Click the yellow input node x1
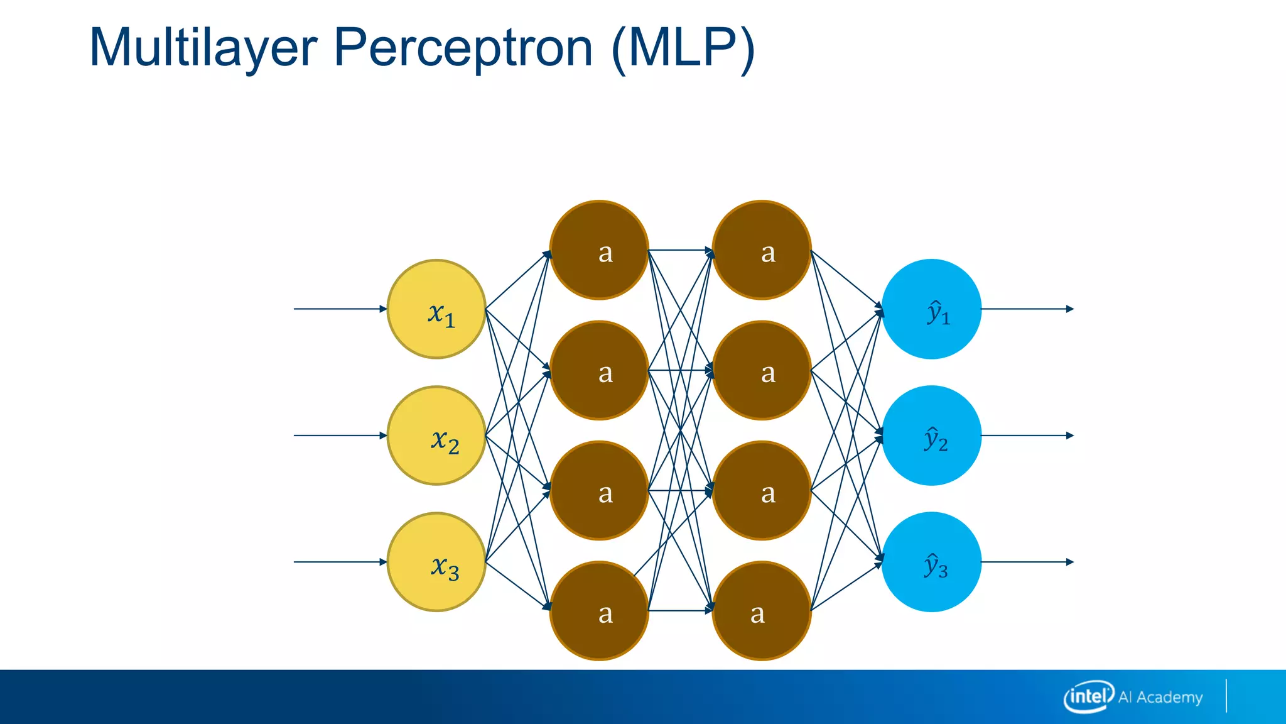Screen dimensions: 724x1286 (x=436, y=309)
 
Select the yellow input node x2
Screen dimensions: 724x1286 (x=436, y=436)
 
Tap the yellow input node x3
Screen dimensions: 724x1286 (x=436, y=562)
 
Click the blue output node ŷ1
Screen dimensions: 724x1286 (x=931, y=309)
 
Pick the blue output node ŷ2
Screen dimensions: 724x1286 (x=931, y=436)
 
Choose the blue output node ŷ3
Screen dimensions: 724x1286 (x=931, y=562)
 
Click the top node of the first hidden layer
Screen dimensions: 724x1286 (x=599, y=250)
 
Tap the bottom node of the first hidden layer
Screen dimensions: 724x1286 (x=599, y=610)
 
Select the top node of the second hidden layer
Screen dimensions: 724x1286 (x=762, y=250)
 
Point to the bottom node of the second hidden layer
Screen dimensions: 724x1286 (x=762, y=610)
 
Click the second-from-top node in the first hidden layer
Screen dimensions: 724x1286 (x=599, y=370)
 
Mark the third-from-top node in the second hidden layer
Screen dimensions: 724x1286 (x=762, y=490)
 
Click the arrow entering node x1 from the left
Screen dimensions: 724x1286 (x=340, y=309)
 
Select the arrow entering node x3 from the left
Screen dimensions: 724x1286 (x=340, y=562)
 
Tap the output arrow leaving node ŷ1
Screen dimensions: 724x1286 (x=1027, y=309)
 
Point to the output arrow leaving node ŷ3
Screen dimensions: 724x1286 (x=1027, y=562)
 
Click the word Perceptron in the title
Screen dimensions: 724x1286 (x=463, y=49)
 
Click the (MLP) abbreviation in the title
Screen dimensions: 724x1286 (x=683, y=49)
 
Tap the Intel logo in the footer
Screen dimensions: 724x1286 (x=1088, y=696)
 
